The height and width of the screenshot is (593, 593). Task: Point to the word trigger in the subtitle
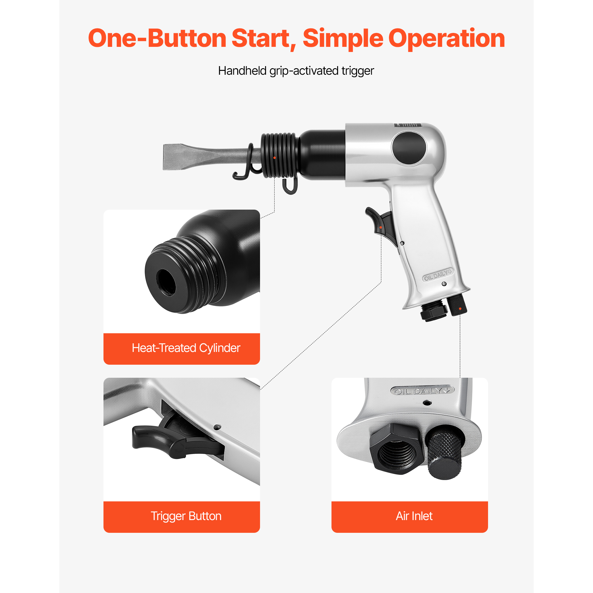click(358, 71)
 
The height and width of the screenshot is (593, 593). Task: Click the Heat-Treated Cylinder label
click(186, 348)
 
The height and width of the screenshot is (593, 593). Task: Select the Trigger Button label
click(186, 516)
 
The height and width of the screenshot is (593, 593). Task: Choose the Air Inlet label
click(414, 516)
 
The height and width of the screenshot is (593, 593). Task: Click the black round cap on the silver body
click(409, 149)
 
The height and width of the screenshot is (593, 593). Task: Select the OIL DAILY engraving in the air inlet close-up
click(422, 391)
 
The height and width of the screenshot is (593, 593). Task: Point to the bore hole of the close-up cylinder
click(167, 282)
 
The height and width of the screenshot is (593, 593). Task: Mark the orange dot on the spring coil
click(274, 158)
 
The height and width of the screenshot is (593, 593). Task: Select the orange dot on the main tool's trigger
click(381, 227)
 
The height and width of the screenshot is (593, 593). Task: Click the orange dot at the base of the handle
click(460, 308)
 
